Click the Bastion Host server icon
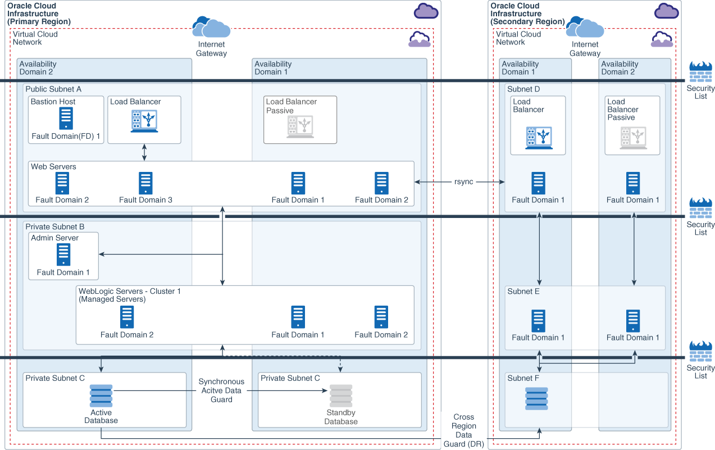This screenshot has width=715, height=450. point(66,119)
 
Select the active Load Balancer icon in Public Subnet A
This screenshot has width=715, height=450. point(144,121)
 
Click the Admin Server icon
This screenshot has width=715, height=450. point(63,254)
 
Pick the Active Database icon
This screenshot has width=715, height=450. point(101,396)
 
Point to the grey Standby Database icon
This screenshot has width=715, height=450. point(340,396)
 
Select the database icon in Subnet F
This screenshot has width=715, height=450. point(536,398)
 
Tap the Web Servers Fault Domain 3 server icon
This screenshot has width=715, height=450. point(145,183)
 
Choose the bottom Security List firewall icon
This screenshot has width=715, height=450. point(700,352)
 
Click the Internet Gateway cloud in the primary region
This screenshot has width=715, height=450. point(211,27)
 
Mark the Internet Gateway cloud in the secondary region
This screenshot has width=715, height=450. point(585,27)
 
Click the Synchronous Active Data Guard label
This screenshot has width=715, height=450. point(221,390)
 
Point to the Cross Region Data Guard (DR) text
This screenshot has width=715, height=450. point(463,430)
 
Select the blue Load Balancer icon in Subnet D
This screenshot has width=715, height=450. point(539,138)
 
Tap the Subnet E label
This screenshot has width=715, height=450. point(523,292)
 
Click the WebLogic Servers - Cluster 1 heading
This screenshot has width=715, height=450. point(129,292)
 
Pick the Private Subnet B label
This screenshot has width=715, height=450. point(54,226)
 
